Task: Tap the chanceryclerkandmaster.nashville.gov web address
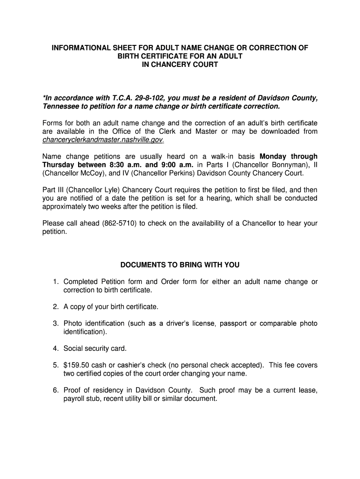point(103,140)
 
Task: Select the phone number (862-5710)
point(119,223)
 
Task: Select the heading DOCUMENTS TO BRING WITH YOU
point(180,265)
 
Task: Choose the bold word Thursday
point(59,165)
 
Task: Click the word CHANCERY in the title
point(170,65)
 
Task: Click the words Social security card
point(95,348)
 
